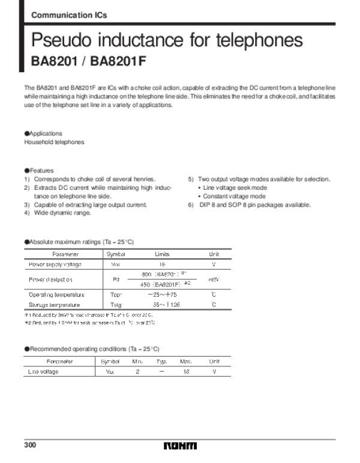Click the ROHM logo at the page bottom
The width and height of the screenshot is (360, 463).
coord(179,447)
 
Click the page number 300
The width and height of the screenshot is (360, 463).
coord(30,446)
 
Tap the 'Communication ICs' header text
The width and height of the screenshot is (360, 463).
coord(69,16)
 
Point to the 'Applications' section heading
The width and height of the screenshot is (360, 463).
coord(45,133)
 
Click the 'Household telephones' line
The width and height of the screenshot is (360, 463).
coord(54,142)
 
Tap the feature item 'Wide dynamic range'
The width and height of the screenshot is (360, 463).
coord(62,213)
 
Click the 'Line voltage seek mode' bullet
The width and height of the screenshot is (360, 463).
coord(235,187)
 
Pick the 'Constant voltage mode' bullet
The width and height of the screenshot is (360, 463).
coord(234,196)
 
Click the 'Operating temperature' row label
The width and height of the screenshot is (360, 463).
coord(56,295)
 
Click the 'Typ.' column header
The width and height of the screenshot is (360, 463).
coord(161,362)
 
